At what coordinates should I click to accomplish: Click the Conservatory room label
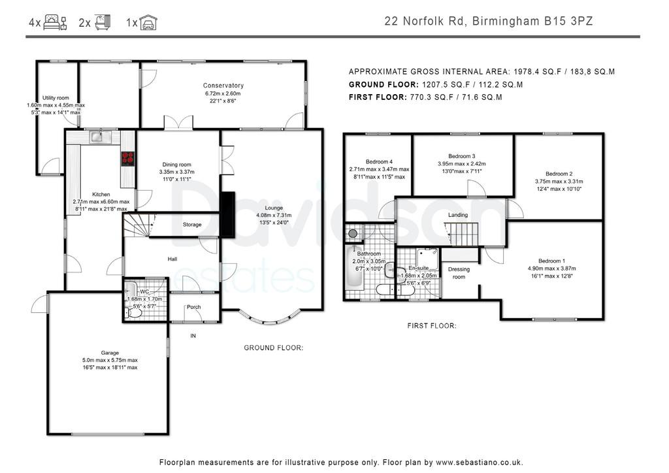(x=223, y=86)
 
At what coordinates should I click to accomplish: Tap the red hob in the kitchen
(x=128, y=159)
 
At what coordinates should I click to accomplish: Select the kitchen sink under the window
(x=100, y=137)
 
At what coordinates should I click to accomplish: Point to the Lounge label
(x=274, y=208)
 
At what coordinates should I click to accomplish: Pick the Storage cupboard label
(x=192, y=224)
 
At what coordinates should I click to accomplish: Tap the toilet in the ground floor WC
(x=133, y=313)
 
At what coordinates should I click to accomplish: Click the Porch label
(x=193, y=306)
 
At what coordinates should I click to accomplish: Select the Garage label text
(x=110, y=353)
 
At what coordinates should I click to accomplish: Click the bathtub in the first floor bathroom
(x=353, y=267)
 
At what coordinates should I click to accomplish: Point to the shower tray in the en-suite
(x=427, y=257)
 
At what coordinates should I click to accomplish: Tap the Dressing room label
(x=459, y=273)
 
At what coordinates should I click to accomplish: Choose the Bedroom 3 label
(x=462, y=156)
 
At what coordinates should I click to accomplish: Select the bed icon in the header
(x=56, y=22)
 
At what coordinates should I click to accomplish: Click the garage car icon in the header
(x=148, y=22)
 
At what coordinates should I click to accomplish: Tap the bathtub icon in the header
(x=103, y=22)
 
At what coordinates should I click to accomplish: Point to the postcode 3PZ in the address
(x=582, y=22)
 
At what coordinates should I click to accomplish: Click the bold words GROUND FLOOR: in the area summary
(x=383, y=84)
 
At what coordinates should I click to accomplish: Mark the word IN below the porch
(x=193, y=336)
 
